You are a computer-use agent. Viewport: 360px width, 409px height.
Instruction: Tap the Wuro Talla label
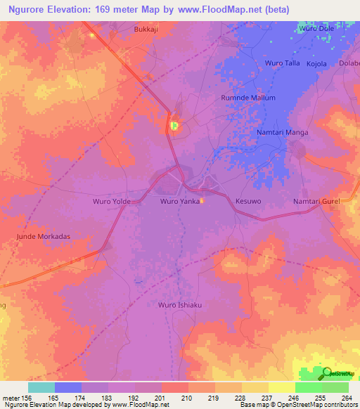click(x=282, y=63)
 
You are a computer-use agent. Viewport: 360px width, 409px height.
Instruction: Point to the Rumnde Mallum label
click(x=248, y=98)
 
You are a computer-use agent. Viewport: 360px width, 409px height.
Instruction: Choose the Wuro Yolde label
click(x=112, y=202)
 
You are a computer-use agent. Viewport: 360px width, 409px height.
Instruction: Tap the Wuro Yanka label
click(x=179, y=202)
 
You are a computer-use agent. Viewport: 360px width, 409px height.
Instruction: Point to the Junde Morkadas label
click(x=44, y=237)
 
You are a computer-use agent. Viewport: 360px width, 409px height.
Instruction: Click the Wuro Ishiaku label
click(x=179, y=305)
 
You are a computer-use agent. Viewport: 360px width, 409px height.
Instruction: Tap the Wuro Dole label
click(x=314, y=29)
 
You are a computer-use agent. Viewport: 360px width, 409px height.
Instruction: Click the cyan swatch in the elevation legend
click(x=41, y=387)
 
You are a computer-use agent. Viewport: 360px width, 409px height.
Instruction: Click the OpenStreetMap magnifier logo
click(x=327, y=372)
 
